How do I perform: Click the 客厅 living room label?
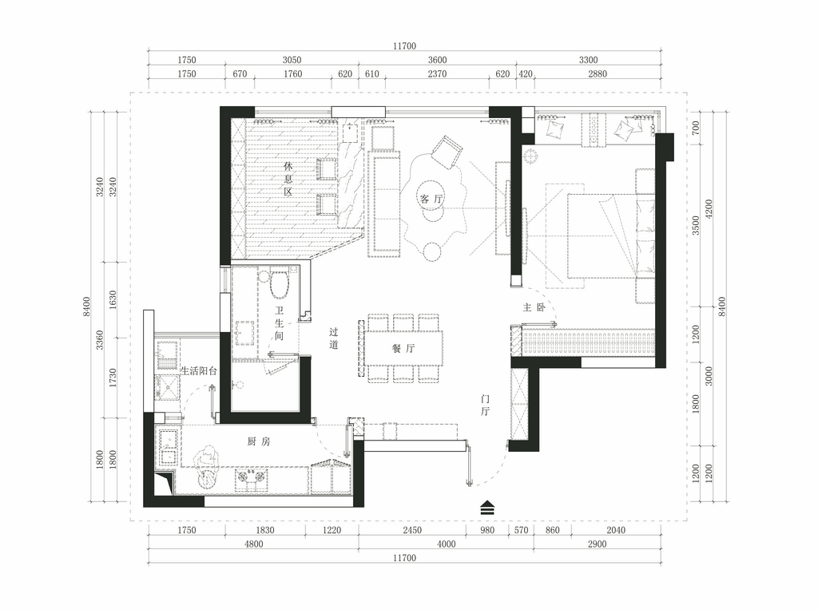click(x=431, y=199)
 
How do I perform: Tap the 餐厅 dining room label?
click(x=403, y=348)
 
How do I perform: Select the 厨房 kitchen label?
click(x=259, y=441)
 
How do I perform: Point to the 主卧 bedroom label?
click(x=534, y=307)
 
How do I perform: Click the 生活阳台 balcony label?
click(x=198, y=371)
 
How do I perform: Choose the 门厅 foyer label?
click(x=485, y=405)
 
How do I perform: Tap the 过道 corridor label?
click(x=334, y=338)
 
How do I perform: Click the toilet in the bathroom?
click(x=279, y=283)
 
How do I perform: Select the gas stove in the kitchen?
click(x=252, y=479)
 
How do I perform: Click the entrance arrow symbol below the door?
click(x=486, y=508)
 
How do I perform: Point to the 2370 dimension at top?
click(x=437, y=74)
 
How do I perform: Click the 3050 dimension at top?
click(x=292, y=60)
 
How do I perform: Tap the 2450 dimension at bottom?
click(x=412, y=530)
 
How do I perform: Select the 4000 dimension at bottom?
click(x=446, y=544)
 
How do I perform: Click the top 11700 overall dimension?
click(x=404, y=45)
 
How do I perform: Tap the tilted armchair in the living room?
click(x=447, y=152)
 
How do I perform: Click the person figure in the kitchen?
click(x=207, y=466)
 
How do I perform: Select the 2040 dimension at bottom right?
click(x=616, y=530)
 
